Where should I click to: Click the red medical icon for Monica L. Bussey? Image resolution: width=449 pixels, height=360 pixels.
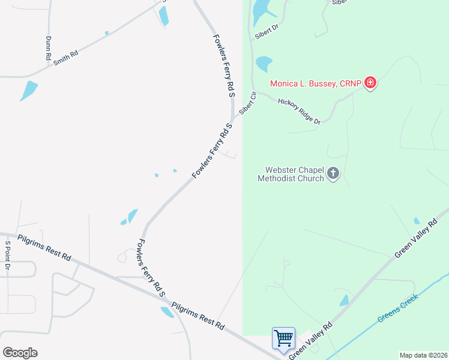coord(370,83)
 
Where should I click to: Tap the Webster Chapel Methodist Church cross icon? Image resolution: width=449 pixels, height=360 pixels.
coord(333,174)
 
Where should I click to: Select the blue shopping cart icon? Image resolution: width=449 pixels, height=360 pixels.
coord(283,337)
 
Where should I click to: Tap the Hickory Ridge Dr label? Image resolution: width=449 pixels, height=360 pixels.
coord(299,112)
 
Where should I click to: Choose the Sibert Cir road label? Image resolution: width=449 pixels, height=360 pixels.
coord(247,103)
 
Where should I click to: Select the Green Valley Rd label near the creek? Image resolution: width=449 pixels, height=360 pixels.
coord(310,343)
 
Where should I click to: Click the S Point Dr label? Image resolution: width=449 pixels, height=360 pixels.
coord(8,256)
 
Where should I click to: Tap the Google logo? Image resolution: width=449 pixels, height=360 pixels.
coord(20,353)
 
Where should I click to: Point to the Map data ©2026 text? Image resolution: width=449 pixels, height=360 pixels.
coord(423,355)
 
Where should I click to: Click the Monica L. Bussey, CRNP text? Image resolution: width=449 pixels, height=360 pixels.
coord(316,83)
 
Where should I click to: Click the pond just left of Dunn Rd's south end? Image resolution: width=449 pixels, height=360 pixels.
coord(28,91)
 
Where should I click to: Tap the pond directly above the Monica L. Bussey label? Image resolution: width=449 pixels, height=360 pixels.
coord(264,63)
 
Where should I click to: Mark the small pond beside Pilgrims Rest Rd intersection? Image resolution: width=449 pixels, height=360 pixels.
coord(167,312)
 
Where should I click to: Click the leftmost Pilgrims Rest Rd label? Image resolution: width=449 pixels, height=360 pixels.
coord(44,248)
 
